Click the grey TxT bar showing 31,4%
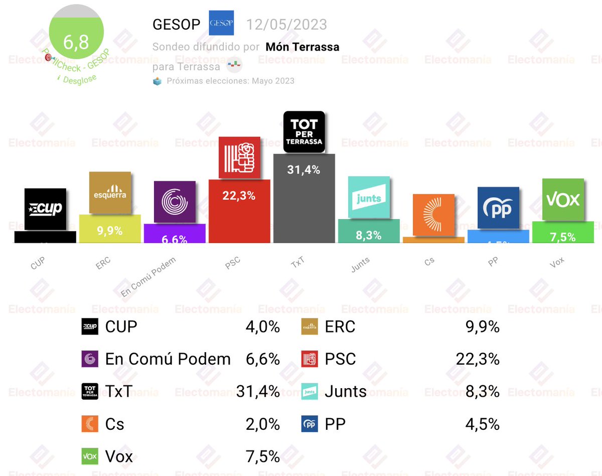304,201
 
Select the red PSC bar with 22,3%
239,213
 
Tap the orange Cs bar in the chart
433,240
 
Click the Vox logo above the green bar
563,200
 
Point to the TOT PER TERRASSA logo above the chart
304,131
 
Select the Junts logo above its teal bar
369,197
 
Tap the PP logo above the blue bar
498,208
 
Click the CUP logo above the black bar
45,209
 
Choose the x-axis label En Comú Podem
148,276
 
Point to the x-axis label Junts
360,264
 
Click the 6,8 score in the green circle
76,42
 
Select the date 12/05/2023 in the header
286,24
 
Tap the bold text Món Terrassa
303,47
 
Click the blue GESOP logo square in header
221,23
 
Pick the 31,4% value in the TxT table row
258,391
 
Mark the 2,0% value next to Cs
263,424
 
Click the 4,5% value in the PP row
483,424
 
